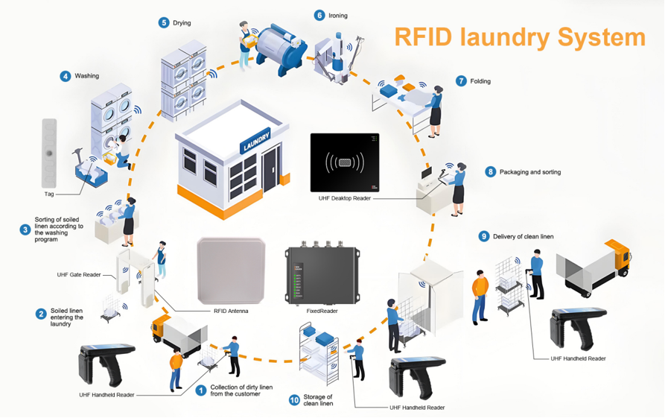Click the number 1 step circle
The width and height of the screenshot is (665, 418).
click(x=200, y=389)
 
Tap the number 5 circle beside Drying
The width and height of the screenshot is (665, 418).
click(x=164, y=23)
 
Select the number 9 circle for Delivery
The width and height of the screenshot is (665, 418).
click(x=484, y=236)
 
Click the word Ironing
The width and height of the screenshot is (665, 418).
click(x=338, y=16)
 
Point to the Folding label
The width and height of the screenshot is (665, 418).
click(x=480, y=81)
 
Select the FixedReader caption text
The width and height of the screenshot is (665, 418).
click(x=323, y=311)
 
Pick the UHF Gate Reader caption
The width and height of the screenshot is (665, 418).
click(x=79, y=275)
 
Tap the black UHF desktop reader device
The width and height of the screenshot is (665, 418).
click(x=344, y=162)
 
